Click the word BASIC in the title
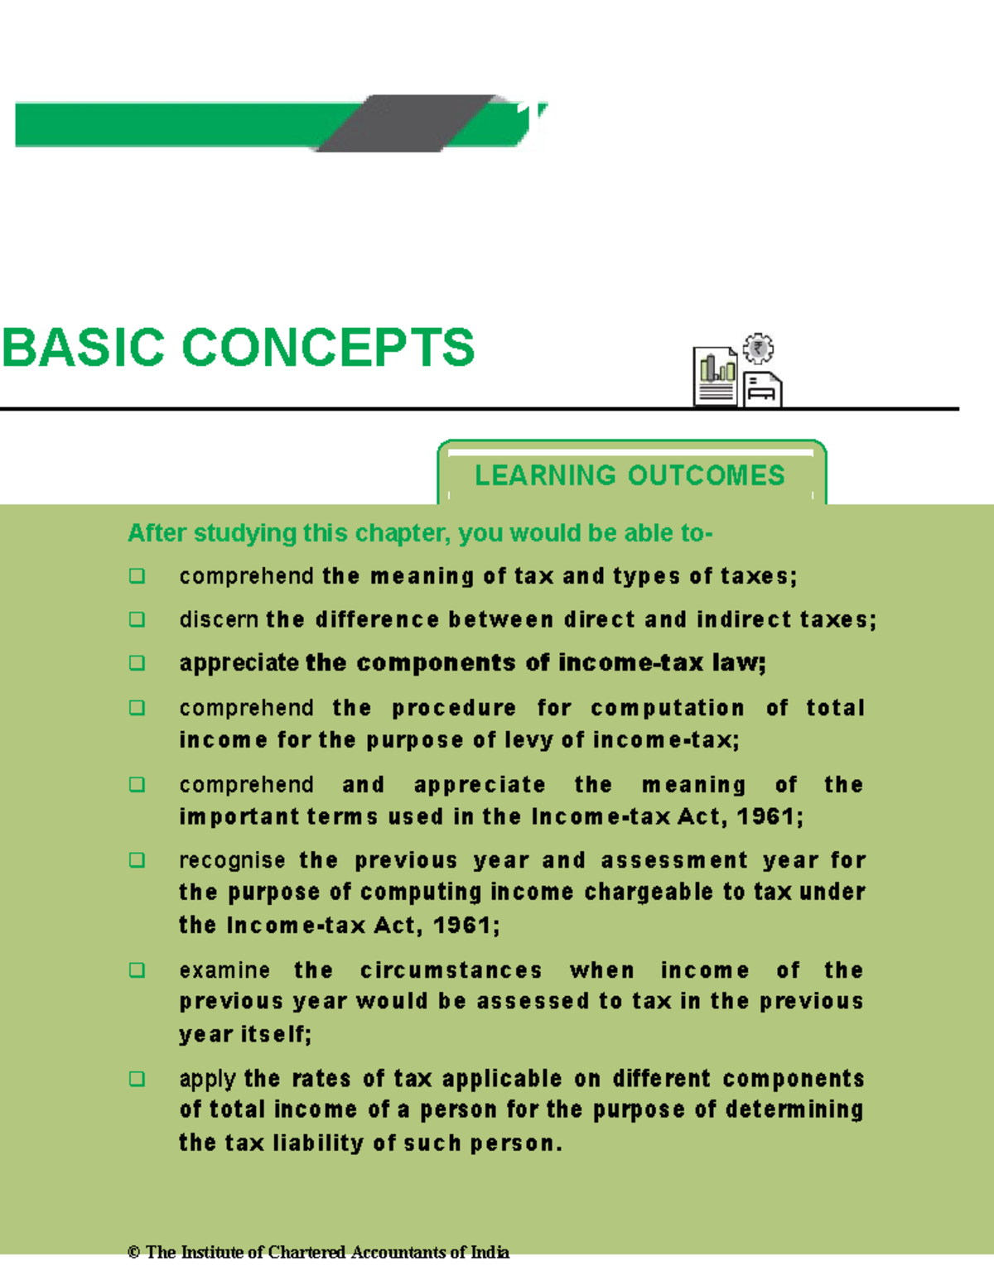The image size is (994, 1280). [83, 348]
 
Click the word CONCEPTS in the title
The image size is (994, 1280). [327, 348]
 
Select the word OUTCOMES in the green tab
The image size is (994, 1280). [706, 475]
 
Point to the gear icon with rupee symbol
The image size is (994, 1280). [758, 349]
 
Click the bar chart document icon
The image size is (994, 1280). [715, 377]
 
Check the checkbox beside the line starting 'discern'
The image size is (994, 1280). [138, 619]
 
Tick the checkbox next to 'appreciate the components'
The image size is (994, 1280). [138, 663]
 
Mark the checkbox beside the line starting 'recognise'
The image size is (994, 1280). [138, 860]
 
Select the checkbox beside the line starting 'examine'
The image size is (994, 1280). [138, 970]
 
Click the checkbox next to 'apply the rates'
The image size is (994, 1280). [138, 1079]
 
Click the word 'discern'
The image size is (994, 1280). [219, 619]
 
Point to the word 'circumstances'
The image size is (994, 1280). [451, 970]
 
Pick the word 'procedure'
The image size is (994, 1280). [453, 709]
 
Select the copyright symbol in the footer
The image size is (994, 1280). [133, 1253]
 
